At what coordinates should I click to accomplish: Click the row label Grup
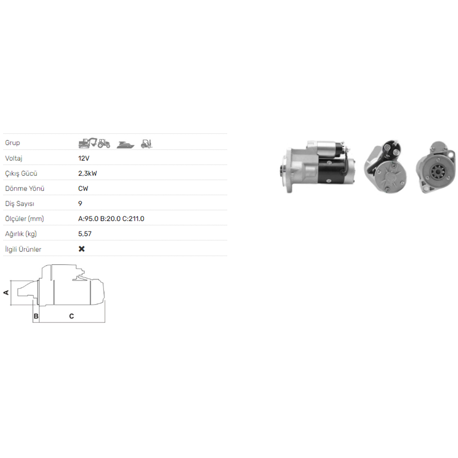pos(12,143)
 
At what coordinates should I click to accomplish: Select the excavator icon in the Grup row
pos(87,143)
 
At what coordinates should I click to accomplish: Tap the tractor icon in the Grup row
pos(104,143)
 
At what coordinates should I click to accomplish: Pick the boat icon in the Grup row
pos(125,144)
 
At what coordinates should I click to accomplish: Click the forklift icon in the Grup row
pos(147,144)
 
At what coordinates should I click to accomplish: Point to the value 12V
pos(83,158)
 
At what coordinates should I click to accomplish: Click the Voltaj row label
pos(14,158)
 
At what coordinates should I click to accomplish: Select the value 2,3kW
pos(87,174)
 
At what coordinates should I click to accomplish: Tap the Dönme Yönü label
pos(25,188)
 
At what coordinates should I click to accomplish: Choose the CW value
pos(83,188)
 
